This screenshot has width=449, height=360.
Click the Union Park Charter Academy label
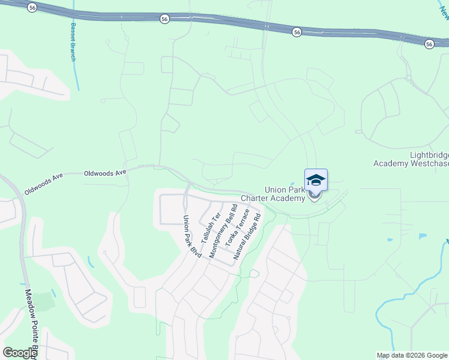pos(276,194)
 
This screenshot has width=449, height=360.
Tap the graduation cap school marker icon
pos(316,180)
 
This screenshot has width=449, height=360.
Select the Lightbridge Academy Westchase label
pos(410,159)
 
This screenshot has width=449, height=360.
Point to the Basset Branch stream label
pos(73,42)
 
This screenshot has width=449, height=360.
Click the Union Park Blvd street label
pos(191,238)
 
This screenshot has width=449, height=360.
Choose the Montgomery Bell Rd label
pos(220,235)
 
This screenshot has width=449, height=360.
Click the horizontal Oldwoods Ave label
pos(105,172)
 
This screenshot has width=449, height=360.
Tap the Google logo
pos(20,353)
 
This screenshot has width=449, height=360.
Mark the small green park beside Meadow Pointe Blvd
pos(44,299)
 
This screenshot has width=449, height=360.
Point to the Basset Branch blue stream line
pos(75,75)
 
